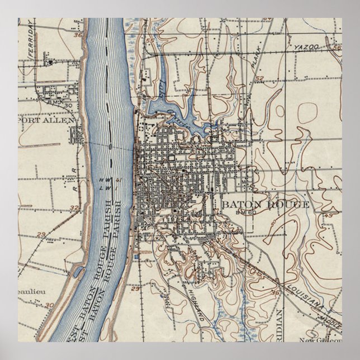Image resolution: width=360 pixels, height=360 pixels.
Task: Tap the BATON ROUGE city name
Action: pos(264,204)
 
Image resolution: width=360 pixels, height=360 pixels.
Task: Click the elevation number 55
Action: pos(149,41)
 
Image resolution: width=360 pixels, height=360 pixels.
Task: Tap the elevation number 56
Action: pos(337,48)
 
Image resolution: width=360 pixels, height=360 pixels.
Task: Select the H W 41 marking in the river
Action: pos(119,180)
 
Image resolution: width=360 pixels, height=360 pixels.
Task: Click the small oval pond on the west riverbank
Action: pos(79,273)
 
